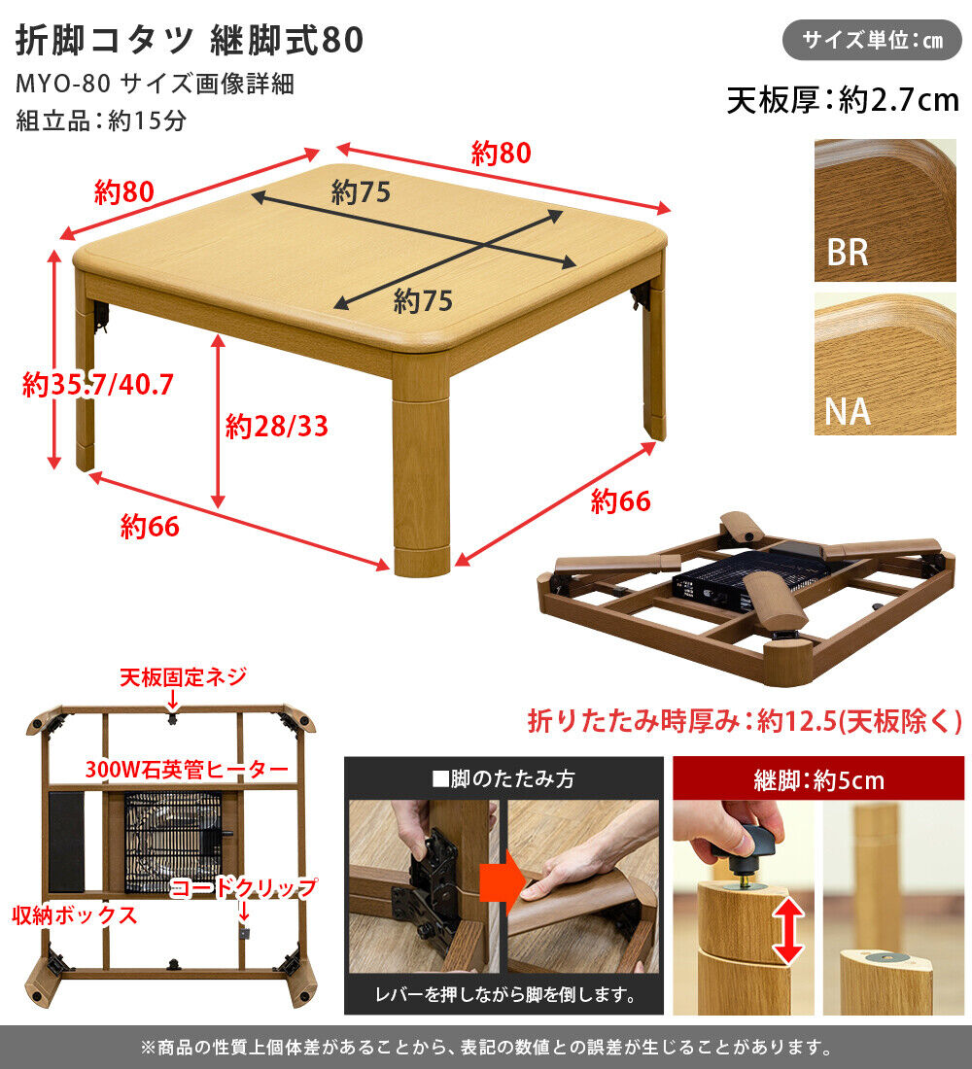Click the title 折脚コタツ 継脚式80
(190, 40)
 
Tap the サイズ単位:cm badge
(872, 41)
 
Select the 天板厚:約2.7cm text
(843, 100)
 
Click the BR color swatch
(885, 210)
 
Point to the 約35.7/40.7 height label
(98, 385)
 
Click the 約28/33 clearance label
(276, 426)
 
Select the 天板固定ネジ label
(183, 676)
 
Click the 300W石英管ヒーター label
(187, 770)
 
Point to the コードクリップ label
(244, 887)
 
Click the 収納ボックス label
(74, 915)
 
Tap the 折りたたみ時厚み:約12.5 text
(744, 721)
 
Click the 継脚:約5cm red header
(818, 778)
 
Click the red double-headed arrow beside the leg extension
(789, 929)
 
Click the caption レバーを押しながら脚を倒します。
(504, 995)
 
